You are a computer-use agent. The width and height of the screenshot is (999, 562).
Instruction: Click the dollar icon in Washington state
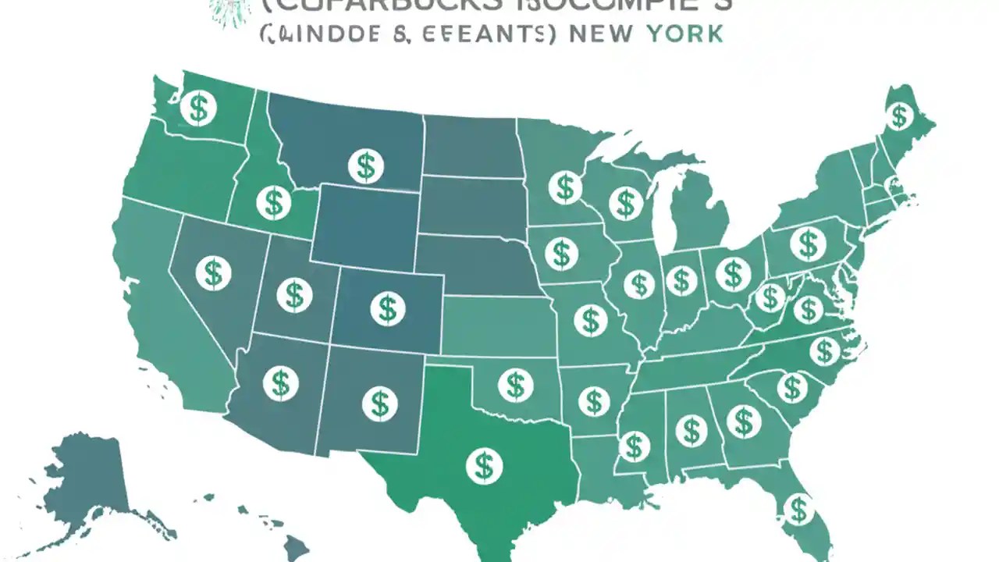click(198, 108)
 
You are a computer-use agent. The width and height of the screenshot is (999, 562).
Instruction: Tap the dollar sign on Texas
click(484, 466)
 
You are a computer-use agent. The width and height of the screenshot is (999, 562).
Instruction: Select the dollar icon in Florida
click(797, 510)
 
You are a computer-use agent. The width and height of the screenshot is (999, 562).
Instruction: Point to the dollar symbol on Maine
click(900, 116)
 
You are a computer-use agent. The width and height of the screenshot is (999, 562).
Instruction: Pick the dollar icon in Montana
click(365, 165)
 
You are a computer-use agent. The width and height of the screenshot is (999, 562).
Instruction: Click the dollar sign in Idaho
click(273, 203)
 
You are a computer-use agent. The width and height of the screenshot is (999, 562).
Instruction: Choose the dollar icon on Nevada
click(212, 273)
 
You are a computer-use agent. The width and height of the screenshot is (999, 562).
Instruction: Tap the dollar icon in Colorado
click(387, 308)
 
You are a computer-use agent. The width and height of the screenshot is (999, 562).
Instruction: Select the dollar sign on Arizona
click(280, 383)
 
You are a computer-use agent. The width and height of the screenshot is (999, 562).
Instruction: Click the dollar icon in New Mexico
click(379, 403)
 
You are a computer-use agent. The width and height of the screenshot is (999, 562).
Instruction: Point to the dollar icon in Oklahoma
click(514, 384)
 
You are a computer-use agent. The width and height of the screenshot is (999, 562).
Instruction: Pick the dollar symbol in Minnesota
click(565, 187)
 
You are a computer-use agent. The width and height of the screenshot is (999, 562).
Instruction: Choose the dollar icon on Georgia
click(743, 422)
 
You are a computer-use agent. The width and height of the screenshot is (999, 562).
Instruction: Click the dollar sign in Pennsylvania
click(807, 244)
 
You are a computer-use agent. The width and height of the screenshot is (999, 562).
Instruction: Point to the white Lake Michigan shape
click(664, 211)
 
